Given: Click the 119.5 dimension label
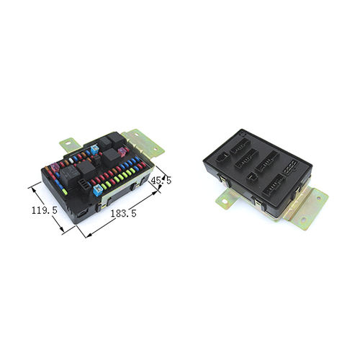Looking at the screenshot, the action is [45, 210].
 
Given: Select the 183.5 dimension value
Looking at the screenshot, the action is [123, 213].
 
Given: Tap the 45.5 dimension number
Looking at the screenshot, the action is [161, 180].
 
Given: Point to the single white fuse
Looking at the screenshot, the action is [71, 160].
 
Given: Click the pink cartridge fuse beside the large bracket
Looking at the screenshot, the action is [122, 152].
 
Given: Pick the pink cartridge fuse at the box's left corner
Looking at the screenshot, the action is [55, 167].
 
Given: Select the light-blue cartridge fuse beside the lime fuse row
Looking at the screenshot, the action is [98, 190].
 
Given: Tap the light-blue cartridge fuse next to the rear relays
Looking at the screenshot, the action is [95, 150].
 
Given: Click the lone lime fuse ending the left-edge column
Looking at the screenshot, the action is [65, 192].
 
